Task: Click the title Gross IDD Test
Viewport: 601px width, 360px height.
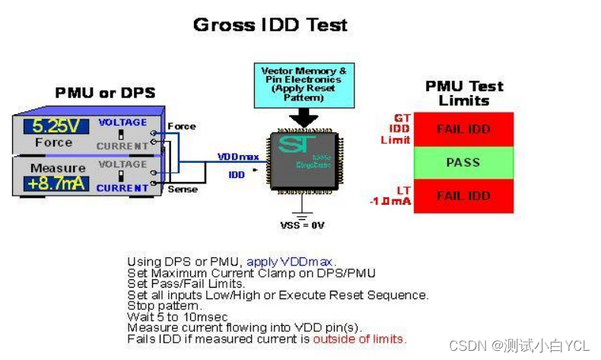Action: point(270,24)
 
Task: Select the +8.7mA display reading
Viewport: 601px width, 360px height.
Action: point(56,183)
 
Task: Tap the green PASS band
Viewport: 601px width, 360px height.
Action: point(463,162)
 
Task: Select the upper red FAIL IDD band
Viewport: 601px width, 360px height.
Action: point(463,129)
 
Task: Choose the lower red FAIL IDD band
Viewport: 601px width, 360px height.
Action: point(463,196)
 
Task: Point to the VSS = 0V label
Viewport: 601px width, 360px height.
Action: point(302,226)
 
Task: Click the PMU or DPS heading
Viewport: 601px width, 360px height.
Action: point(105,93)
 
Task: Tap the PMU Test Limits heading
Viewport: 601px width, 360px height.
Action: point(463,93)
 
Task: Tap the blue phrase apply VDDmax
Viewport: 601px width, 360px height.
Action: point(290,262)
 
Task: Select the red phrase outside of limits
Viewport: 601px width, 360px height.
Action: point(359,339)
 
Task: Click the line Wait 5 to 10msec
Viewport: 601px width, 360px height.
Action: point(177,317)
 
